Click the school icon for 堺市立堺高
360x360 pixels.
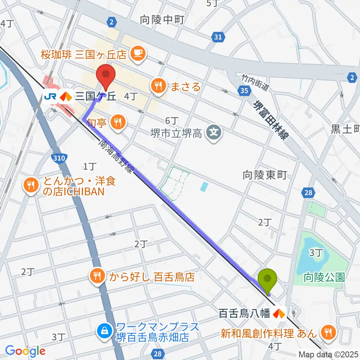click(x=214, y=132)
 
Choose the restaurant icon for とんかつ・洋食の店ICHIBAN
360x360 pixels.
click(x=31, y=185)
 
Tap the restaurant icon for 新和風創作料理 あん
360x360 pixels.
click(x=328, y=331)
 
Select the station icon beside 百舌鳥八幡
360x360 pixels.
click(x=279, y=312)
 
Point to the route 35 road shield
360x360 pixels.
click(x=244, y=90)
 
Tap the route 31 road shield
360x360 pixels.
click(x=219, y=36)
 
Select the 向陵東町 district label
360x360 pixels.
click(x=265, y=174)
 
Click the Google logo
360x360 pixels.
click(x=25, y=350)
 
